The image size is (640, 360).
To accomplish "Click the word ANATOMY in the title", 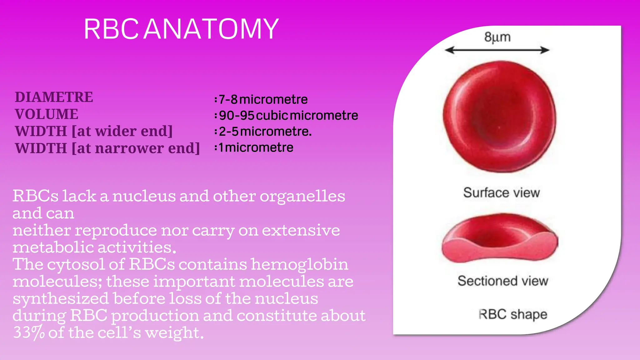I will coord(211,29).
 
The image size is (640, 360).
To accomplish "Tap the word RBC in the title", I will coord(111,29).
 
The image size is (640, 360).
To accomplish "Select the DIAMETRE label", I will coord(54,97).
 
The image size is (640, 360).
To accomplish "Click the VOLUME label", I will coord(47,114).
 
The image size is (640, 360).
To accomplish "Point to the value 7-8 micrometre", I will coord(263,100).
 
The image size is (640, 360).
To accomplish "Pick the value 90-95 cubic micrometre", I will coord(288,116).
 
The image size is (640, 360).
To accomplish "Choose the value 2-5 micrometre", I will coord(265,132).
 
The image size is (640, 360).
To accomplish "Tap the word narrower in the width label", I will coord(129,148).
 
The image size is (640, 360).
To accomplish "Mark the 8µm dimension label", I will coord(497,37).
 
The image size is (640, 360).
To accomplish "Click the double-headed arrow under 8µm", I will coord(497,50).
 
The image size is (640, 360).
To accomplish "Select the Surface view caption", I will coord(501,192).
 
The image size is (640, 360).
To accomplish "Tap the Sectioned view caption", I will coord(502,281).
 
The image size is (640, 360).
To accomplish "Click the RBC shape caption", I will coord(513,314).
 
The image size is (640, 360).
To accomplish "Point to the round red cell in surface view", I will coord(499,116).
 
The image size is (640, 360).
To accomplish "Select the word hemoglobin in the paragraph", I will coord(299,264).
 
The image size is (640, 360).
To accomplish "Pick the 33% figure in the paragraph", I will coord(29,332).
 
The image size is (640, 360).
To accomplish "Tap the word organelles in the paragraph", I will coord(302,196).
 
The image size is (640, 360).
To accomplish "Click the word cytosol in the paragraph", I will coord(76,264).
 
